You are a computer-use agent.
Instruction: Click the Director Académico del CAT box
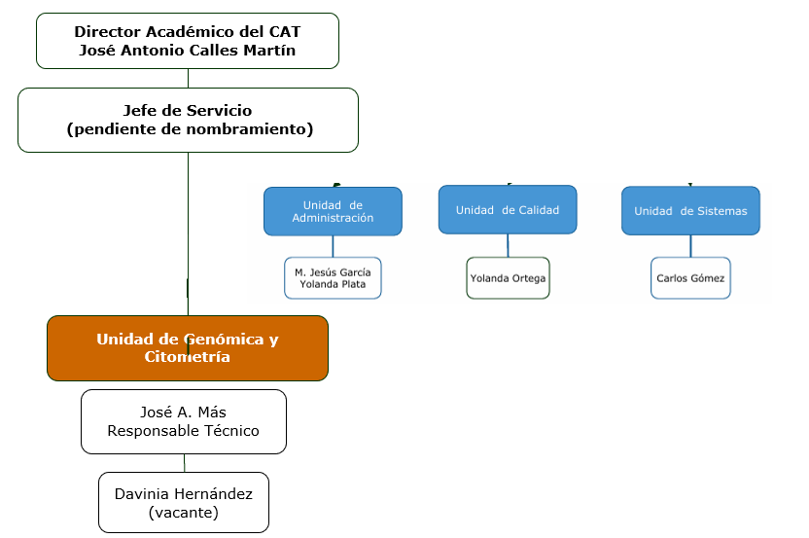point(188,41)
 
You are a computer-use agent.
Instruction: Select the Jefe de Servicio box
point(188,120)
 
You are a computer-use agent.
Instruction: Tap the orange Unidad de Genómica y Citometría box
point(188,347)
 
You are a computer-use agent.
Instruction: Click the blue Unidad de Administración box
point(333,211)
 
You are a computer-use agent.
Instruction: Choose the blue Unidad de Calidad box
point(508,209)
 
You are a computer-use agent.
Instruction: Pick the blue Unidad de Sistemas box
point(690,211)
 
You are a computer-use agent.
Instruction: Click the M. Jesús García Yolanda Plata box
point(333,278)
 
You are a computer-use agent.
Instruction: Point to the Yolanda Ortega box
point(508,278)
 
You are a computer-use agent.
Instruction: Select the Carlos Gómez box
point(690,278)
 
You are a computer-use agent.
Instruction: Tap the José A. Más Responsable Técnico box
point(184,421)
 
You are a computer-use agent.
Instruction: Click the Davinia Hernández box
point(184,502)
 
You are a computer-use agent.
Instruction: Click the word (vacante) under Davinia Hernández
point(184,512)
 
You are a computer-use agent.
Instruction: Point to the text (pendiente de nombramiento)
point(190,129)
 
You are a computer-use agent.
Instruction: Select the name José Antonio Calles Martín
point(188,51)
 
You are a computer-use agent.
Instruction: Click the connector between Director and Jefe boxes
point(188,78)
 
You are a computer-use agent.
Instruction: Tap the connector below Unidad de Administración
point(333,246)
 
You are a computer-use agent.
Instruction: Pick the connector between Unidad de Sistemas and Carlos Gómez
point(690,246)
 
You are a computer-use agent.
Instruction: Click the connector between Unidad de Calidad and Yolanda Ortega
point(508,245)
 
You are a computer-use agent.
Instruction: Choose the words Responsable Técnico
point(184,431)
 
